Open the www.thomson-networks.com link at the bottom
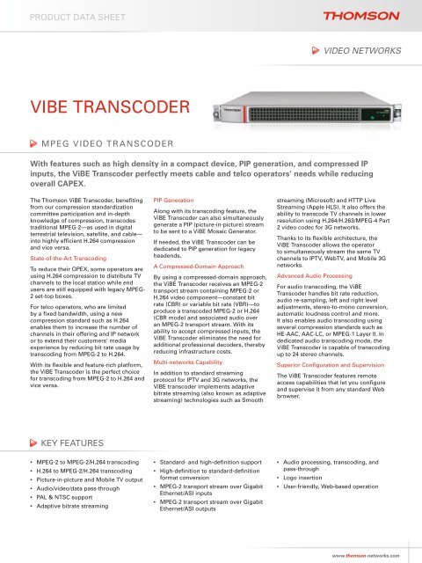(366, 555)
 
